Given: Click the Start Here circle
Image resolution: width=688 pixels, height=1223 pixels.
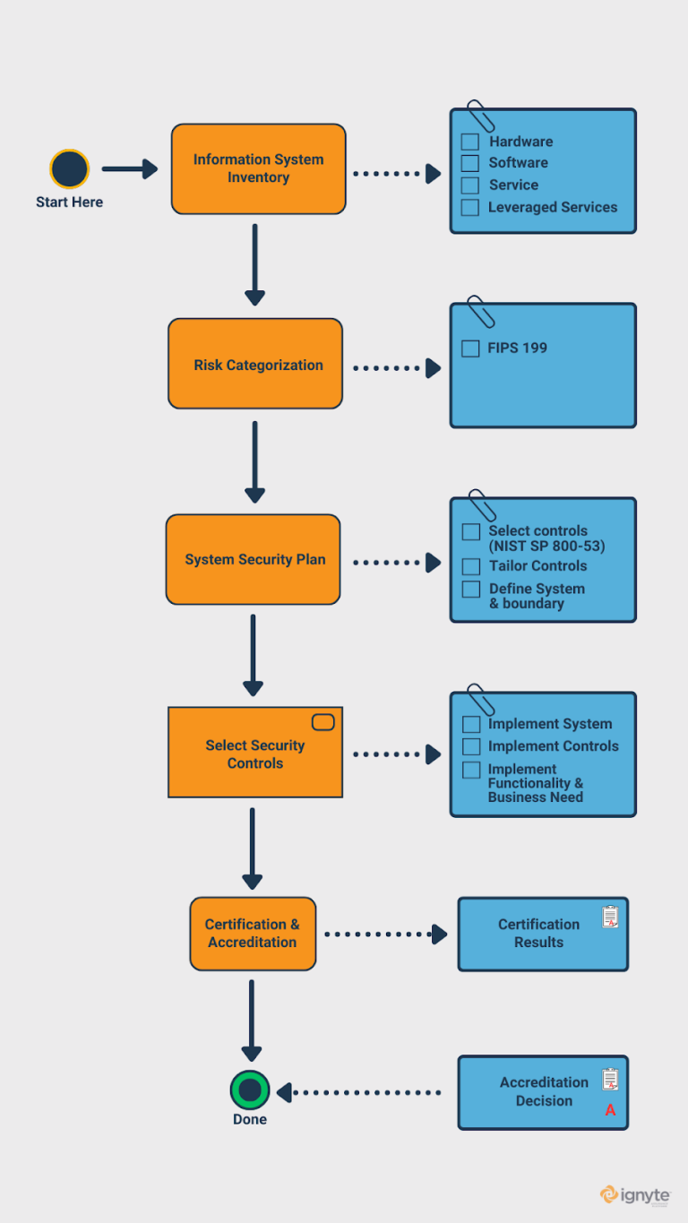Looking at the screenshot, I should click(x=69, y=169).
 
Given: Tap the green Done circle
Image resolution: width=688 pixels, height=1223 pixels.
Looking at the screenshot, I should click(x=250, y=1090).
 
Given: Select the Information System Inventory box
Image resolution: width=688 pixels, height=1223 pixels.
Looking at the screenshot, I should click(x=258, y=168).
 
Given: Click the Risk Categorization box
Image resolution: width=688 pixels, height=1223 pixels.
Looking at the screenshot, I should click(x=255, y=364).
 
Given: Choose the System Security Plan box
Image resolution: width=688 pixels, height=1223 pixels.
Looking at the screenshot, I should click(x=254, y=559).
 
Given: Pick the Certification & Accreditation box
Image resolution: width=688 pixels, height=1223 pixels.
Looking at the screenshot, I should click(x=253, y=934).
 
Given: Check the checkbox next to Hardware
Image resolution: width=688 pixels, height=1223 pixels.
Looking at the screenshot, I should click(x=470, y=142).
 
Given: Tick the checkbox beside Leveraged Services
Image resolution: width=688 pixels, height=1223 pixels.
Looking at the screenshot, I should click(x=470, y=208).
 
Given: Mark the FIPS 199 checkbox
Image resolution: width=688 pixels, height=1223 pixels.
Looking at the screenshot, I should click(x=470, y=349).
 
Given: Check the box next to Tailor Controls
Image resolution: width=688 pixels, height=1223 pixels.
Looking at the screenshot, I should click(x=471, y=566).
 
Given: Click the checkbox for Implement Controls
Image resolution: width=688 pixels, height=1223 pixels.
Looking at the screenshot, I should click(x=471, y=746).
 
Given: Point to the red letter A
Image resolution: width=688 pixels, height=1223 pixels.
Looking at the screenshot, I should click(x=610, y=1110).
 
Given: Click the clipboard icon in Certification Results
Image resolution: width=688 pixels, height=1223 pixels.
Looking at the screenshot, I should click(x=610, y=917).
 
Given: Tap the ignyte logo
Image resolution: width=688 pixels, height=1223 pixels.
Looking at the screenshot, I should click(x=635, y=1195).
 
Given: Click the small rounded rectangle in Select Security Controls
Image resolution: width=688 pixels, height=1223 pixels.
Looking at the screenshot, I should click(x=322, y=722).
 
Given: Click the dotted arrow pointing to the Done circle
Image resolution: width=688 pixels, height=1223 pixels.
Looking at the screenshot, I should click(x=358, y=1092).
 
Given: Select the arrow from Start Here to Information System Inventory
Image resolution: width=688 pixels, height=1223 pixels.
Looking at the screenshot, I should click(x=129, y=168).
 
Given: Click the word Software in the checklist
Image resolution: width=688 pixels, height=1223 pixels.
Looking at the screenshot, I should click(x=518, y=163).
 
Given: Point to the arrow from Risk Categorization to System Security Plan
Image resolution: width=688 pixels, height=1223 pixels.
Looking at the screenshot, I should click(x=255, y=461).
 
